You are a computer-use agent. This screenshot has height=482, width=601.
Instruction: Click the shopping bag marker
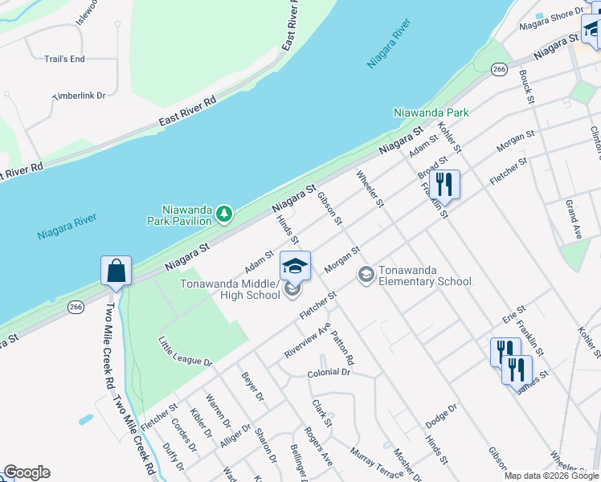click(x=117, y=271)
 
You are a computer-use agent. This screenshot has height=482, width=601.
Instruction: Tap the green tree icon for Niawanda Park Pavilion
click(x=225, y=214)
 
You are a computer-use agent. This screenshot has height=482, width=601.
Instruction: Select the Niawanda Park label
click(x=431, y=113)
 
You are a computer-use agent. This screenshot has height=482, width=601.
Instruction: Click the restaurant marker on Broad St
click(x=444, y=185)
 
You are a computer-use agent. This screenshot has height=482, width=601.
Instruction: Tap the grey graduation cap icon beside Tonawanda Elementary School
click(x=366, y=276)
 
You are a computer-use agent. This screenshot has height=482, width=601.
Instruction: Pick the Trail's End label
click(x=64, y=59)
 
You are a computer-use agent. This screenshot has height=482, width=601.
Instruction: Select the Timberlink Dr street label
click(x=80, y=96)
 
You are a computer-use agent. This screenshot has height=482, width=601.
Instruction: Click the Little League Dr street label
click(x=185, y=351)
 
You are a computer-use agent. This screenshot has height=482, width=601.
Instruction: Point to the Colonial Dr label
click(x=329, y=373)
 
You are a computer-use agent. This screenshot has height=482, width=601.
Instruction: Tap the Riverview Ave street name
click(x=307, y=342)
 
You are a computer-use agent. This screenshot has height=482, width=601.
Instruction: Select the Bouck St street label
click(x=527, y=87)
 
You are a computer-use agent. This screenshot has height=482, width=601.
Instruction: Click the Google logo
click(x=27, y=472)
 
